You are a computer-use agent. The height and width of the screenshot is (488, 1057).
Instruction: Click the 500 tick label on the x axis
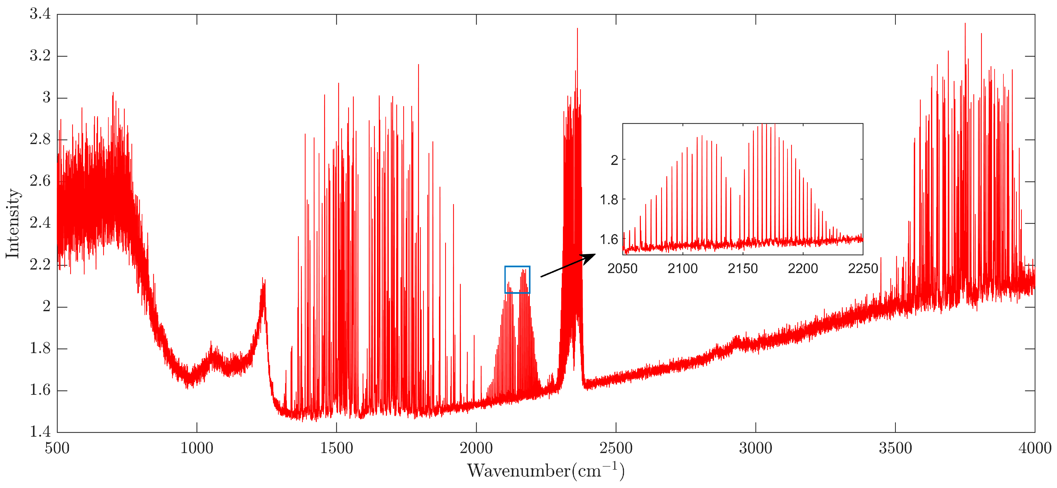point(57,448)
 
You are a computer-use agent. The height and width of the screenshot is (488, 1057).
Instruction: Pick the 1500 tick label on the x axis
point(337,448)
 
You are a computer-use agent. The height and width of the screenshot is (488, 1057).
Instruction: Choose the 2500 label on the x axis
point(616,448)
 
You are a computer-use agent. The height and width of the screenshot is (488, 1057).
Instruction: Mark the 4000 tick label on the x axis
point(1034,448)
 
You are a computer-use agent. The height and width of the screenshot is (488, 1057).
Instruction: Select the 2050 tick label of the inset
point(622,269)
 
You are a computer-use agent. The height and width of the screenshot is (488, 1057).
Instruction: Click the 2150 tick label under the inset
point(743,269)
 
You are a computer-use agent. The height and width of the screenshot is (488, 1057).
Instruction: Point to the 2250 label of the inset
point(863,269)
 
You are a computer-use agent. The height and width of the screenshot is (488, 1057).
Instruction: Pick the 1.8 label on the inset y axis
point(609,200)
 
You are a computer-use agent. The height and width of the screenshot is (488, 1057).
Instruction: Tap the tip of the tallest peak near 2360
point(577,29)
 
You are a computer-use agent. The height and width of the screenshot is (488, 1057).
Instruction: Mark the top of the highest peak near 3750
point(965,24)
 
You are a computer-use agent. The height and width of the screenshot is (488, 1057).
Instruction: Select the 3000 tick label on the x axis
point(755,448)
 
